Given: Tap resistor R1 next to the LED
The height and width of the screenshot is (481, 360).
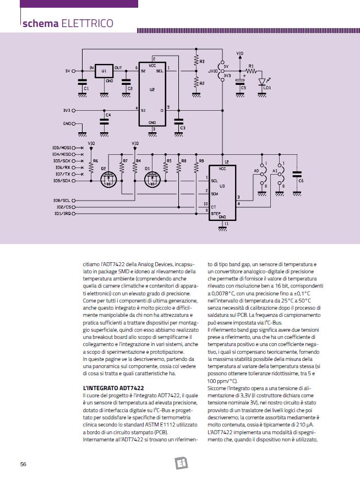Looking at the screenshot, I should click(252, 71).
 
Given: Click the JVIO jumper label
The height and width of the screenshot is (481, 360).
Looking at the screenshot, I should click(212, 71).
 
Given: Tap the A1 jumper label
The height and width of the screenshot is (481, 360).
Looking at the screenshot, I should click(275, 171).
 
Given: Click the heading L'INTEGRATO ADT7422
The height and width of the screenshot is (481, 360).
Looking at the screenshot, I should click(113, 388).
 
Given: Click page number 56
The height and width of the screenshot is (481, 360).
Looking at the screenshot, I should click(23, 464).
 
